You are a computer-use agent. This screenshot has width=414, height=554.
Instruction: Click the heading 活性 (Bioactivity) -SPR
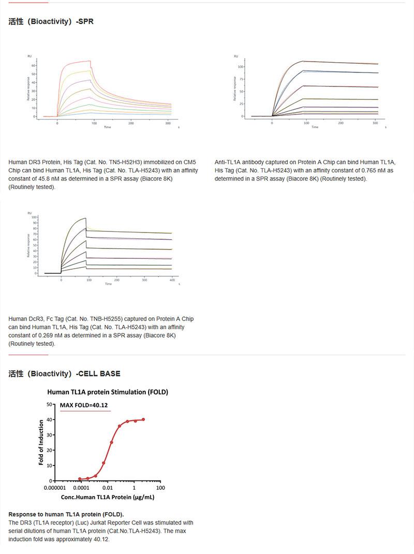click(51, 22)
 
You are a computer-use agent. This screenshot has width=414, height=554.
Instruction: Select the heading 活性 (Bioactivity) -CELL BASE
click(64, 373)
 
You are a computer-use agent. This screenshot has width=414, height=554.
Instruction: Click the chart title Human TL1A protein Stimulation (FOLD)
click(108, 392)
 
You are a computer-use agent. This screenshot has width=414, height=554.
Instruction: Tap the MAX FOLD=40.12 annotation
click(83, 405)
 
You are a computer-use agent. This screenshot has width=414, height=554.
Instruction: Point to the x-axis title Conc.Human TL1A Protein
click(108, 497)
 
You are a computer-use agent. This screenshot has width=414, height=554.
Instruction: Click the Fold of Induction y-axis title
click(41, 442)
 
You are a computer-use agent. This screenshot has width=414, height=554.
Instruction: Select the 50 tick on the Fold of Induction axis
click(49, 404)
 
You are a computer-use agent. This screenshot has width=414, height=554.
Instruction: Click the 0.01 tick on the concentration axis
click(107, 488)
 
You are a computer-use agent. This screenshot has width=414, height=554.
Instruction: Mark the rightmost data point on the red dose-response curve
click(143, 420)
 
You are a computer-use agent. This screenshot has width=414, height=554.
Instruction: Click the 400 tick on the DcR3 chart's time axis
click(172, 280)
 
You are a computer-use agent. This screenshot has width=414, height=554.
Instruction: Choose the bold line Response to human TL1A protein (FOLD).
click(66, 514)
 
